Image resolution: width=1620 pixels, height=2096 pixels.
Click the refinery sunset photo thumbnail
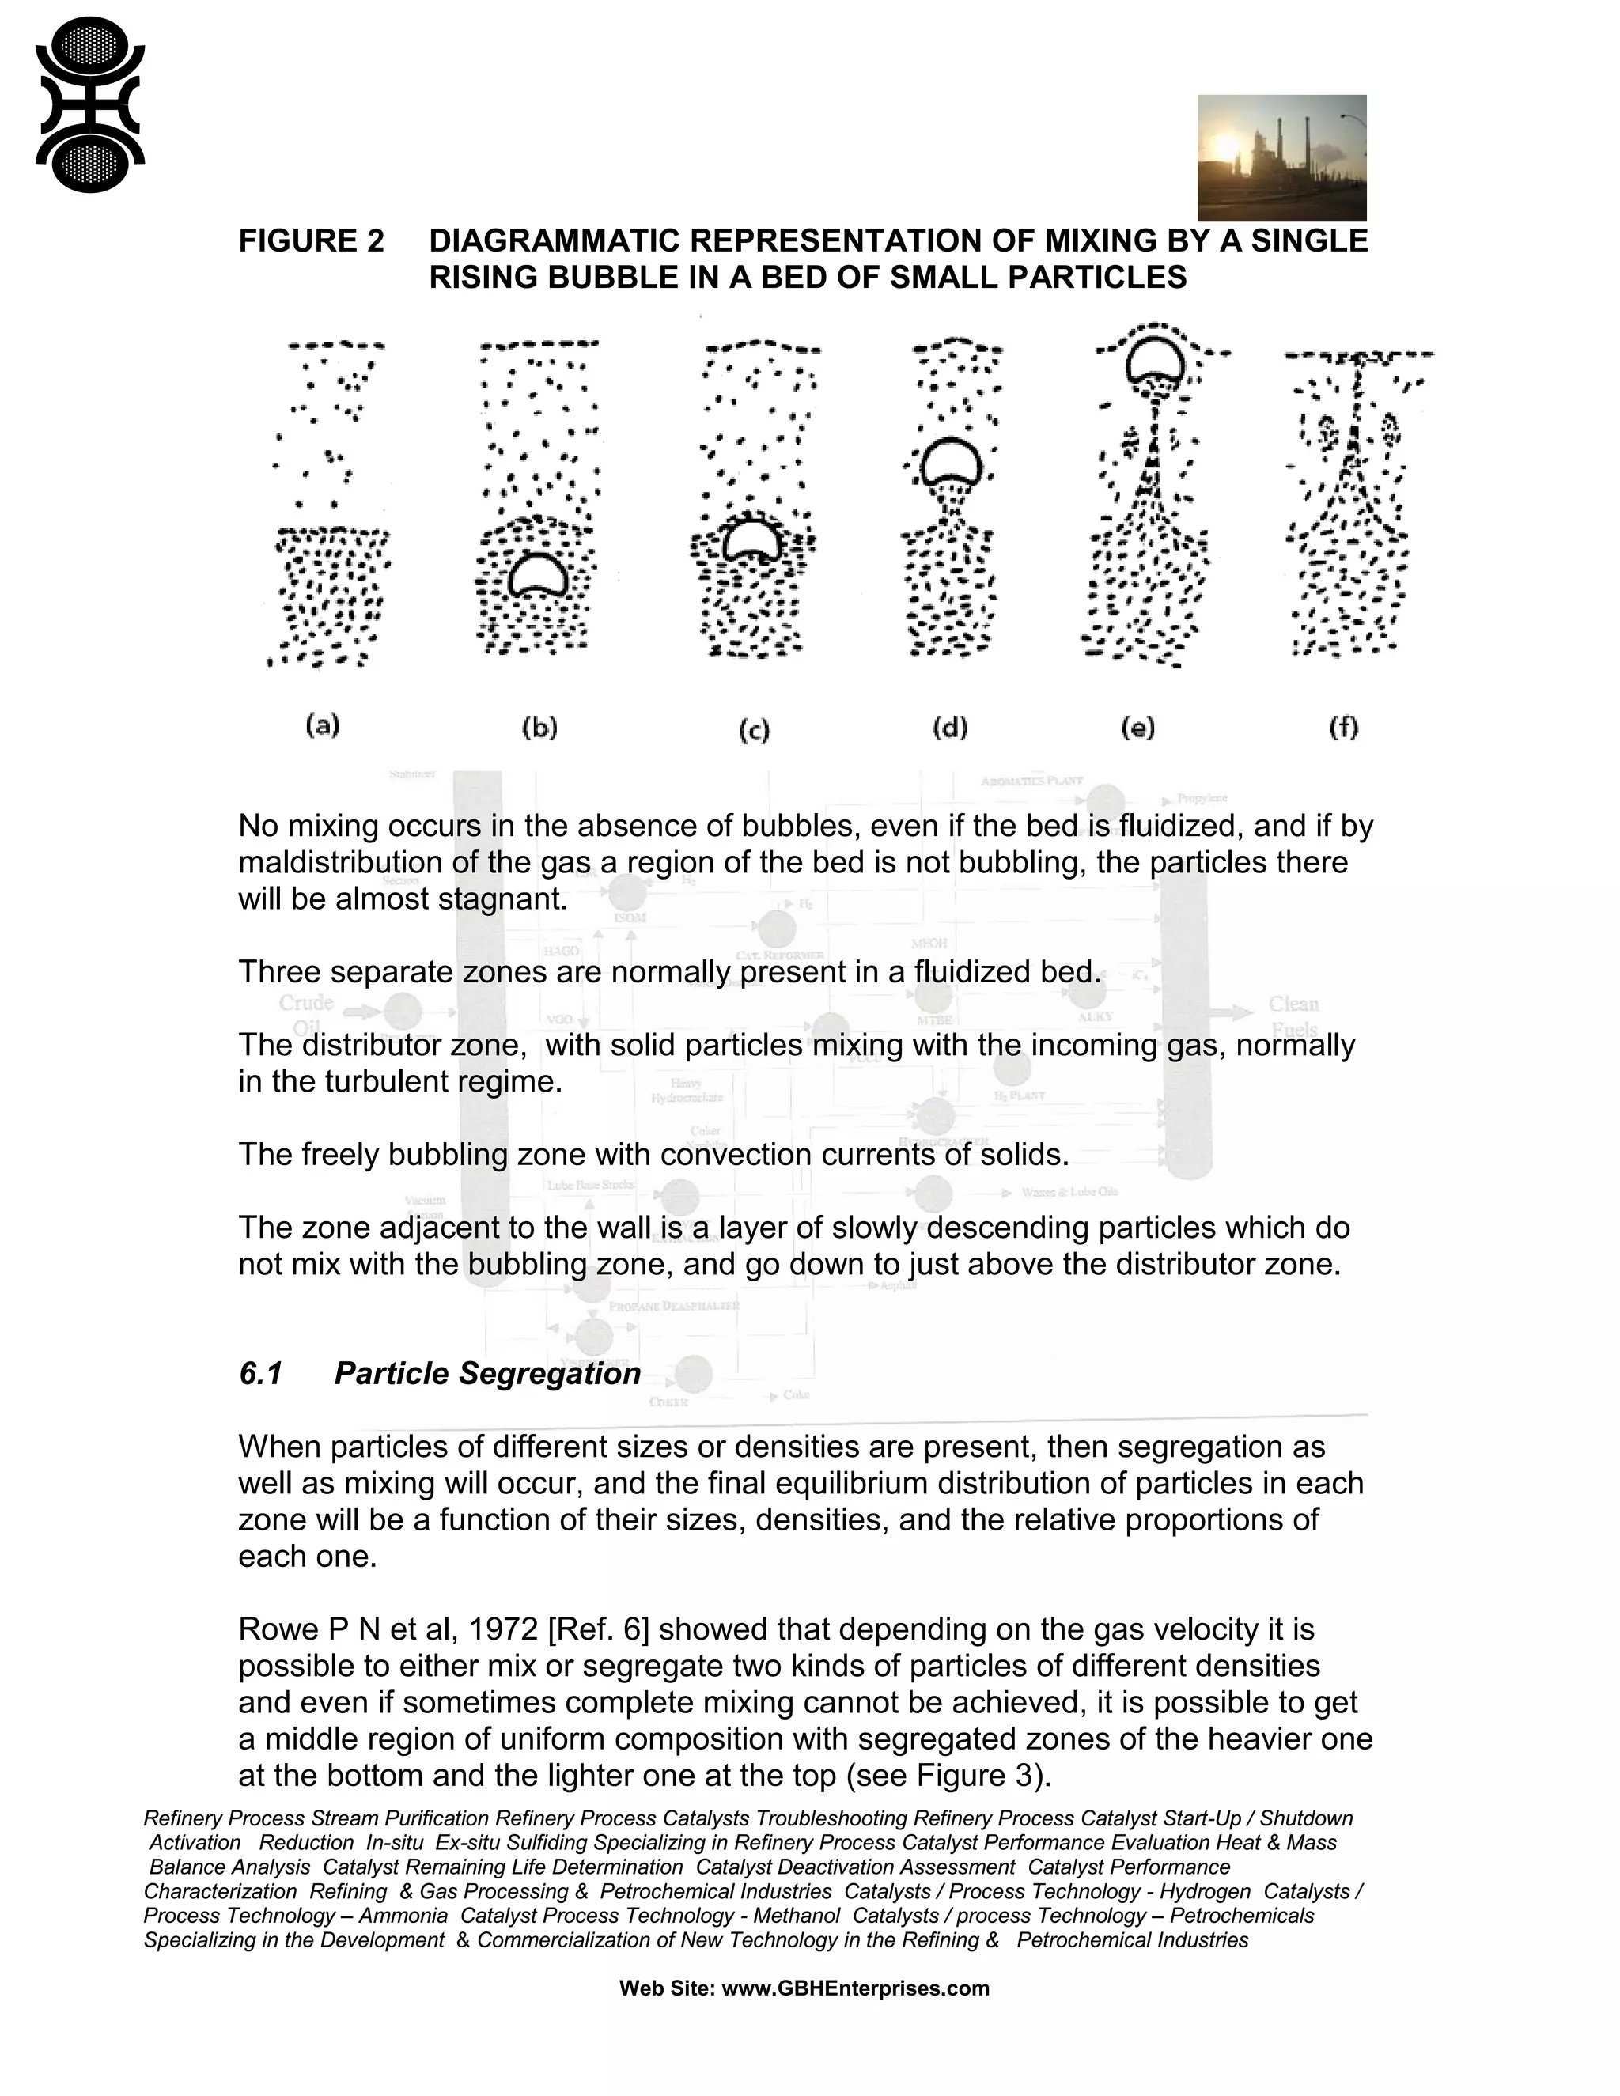click(x=1281, y=157)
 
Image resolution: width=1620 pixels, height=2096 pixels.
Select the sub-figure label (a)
click(x=323, y=725)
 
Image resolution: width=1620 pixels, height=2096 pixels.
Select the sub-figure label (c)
click(x=755, y=732)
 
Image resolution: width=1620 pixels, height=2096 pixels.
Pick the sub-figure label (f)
click(x=1342, y=728)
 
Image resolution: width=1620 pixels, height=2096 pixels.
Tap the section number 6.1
click(x=260, y=1373)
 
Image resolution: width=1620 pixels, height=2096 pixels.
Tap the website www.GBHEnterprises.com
click(x=855, y=1988)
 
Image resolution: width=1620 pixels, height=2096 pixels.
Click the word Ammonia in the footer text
click(x=403, y=1915)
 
